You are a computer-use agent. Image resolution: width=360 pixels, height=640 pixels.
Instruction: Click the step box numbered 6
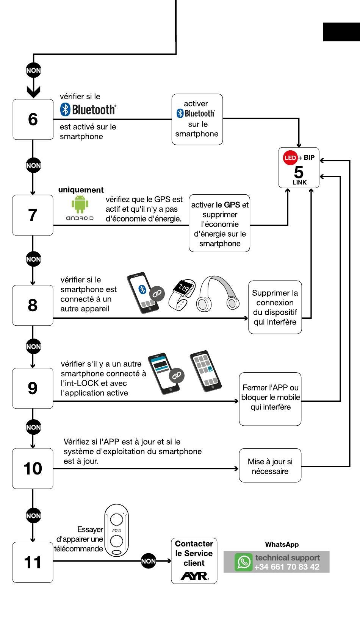click(33, 119)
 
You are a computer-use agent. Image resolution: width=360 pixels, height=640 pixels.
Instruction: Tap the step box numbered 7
click(33, 215)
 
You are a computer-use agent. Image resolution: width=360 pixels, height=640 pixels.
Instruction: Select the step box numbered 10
click(33, 468)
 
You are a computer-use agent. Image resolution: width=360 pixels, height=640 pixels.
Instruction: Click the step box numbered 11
click(33, 562)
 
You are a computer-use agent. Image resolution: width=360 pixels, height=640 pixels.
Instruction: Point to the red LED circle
click(290, 158)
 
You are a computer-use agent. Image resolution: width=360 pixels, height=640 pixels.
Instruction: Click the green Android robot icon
click(80, 204)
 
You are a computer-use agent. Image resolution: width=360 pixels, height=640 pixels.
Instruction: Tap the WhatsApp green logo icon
click(243, 562)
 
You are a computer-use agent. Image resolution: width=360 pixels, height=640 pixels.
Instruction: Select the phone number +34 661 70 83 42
click(287, 567)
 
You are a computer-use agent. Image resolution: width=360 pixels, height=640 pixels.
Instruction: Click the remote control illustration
click(116, 530)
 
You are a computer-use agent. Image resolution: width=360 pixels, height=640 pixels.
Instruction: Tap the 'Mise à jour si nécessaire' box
click(270, 466)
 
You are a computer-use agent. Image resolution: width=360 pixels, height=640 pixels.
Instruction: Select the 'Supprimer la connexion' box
click(275, 307)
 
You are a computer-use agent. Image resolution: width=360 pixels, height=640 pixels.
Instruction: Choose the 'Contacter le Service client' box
click(194, 560)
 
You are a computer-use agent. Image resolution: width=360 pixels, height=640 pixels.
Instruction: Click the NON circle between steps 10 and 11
click(33, 515)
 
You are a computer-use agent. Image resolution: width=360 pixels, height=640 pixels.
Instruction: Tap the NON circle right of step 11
click(149, 561)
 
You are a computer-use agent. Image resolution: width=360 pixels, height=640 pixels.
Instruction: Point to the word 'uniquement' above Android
click(81, 190)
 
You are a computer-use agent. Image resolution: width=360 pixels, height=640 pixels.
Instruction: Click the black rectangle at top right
click(341, 32)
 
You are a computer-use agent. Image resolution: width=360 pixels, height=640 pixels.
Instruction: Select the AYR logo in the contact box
click(194, 576)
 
